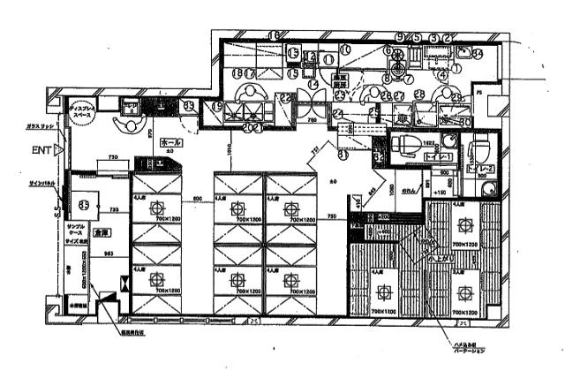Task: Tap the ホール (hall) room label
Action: (171, 141)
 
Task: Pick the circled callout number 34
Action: (477, 52)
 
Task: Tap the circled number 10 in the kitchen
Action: (345, 51)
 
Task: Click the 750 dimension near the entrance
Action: (114, 157)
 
